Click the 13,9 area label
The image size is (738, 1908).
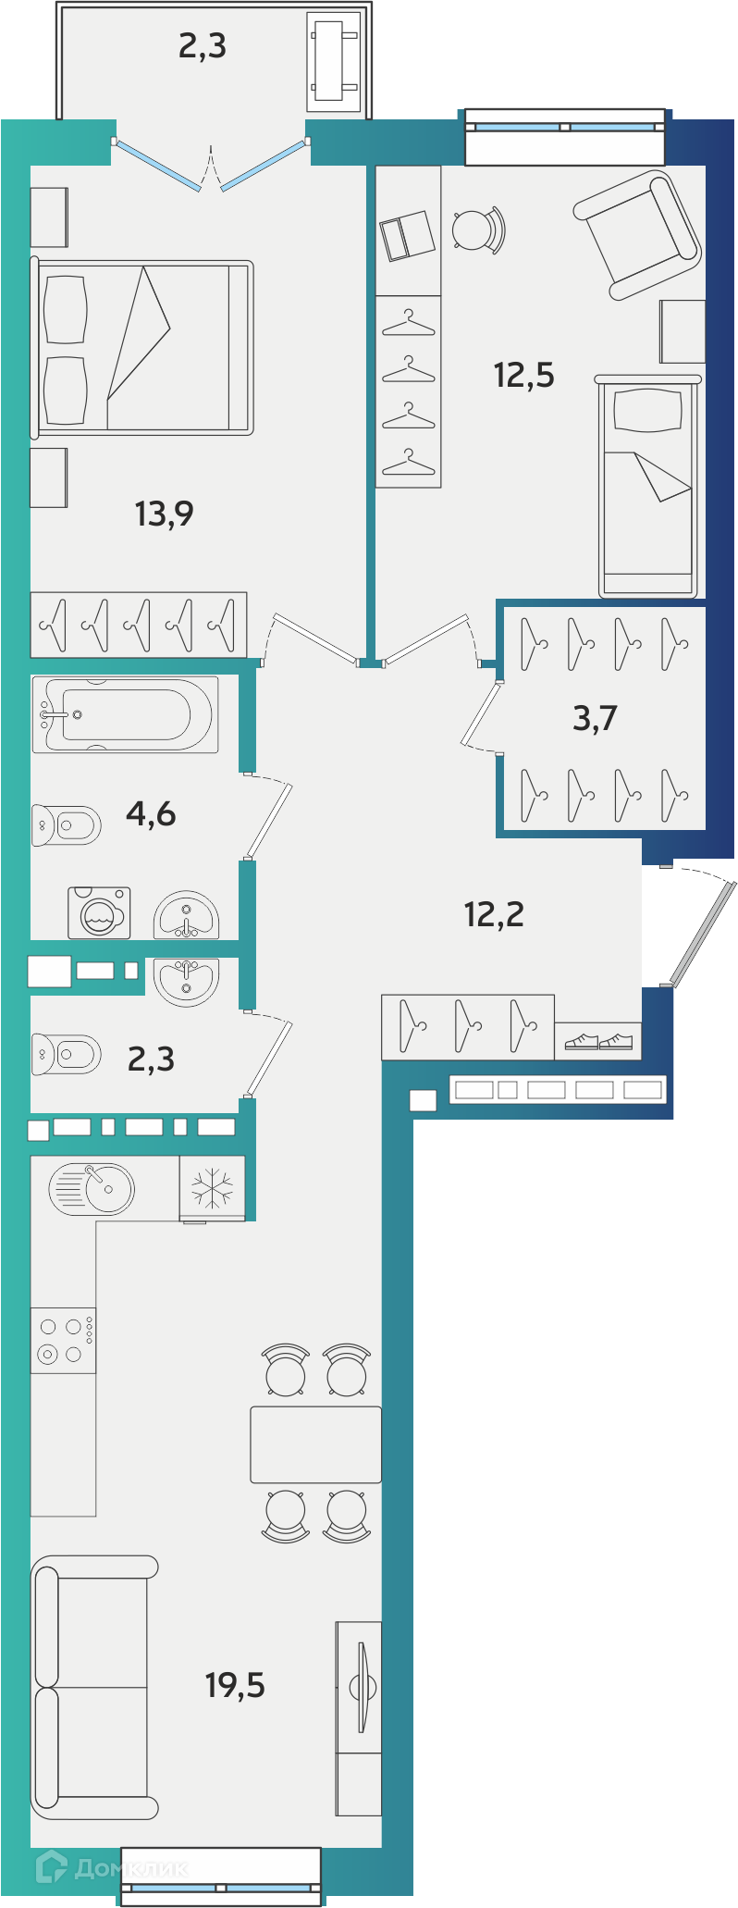tap(165, 513)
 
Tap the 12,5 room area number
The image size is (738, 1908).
tap(524, 375)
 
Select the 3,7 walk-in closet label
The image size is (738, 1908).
tap(595, 717)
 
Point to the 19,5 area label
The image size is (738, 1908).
tap(235, 1685)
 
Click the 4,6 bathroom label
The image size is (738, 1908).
tap(151, 813)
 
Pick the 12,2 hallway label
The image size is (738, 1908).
tap(494, 914)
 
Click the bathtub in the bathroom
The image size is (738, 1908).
tap(126, 714)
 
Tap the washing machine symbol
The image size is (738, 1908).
tap(99, 913)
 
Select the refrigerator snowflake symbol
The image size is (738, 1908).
tap(213, 1188)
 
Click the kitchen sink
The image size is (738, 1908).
tap(92, 1188)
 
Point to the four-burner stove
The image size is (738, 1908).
tap(63, 1340)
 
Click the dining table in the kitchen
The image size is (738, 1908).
tap(316, 1444)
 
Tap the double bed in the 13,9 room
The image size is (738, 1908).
tap(142, 348)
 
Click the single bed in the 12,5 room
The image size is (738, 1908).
tap(647, 486)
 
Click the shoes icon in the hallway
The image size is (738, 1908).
tap(598, 1042)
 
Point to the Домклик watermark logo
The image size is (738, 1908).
tap(111, 1869)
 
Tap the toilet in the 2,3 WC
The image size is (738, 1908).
tap(66, 1054)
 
